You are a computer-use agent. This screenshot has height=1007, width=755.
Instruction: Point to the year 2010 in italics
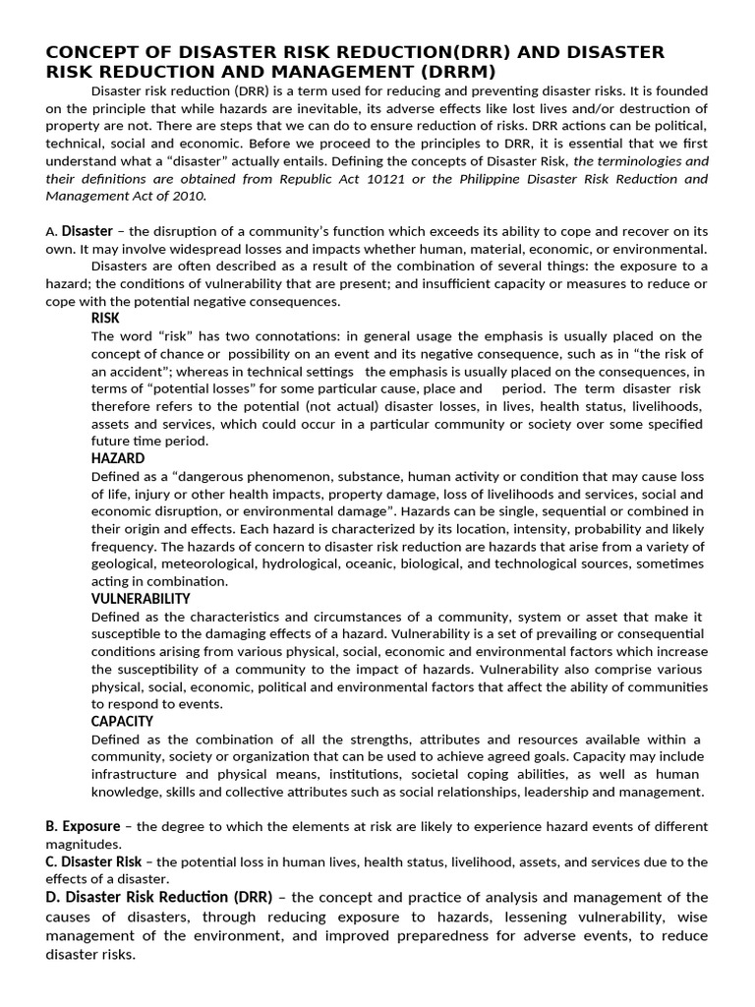pyautogui.click(x=188, y=196)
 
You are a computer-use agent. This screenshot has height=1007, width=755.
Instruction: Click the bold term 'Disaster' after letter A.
pyautogui.click(x=87, y=232)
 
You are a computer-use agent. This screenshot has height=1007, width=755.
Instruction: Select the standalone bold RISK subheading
pyautogui.click(x=105, y=319)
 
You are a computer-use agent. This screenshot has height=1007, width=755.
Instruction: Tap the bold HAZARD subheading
pyautogui.click(x=118, y=458)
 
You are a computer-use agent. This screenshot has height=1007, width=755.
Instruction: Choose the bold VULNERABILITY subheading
pyautogui.click(x=141, y=598)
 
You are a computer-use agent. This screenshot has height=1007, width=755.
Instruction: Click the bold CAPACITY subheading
pyautogui.click(x=122, y=721)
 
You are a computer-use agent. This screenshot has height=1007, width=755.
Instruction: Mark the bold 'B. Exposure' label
pyautogui.click(x=83, y=826)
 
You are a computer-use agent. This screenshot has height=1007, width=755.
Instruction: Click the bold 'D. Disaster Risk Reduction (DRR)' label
pyautogui.click(x=161, y=897)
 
